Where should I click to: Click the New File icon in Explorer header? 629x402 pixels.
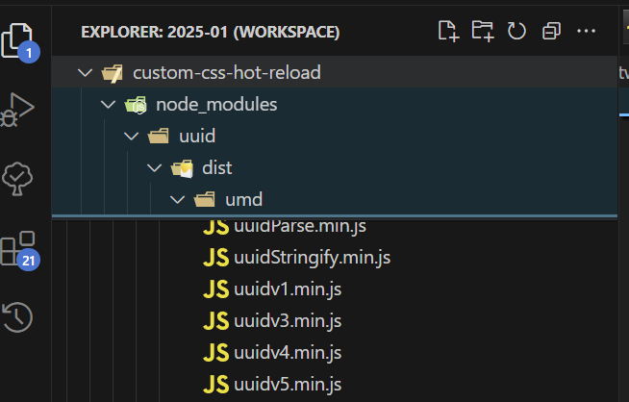pyautogui.click(x=448, y=31)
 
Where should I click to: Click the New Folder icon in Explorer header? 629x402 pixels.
pyautogui.click(x=483, y=31)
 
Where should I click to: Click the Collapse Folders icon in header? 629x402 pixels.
pyautogui.click(x=551, y=31)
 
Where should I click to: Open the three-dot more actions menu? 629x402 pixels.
pyautogui.click(x=586, y=31)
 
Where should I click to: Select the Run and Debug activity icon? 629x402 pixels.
pyautogui.click(x=17, y=110)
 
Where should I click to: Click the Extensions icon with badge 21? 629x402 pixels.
pyautogui.click(x=18, y=250)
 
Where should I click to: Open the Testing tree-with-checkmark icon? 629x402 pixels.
pyautogui.click(x=17, y=179)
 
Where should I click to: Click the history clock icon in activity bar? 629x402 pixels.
pyautogui.click(x=17, y=317)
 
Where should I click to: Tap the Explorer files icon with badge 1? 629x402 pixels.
pyautogui.click(x=19, y=42)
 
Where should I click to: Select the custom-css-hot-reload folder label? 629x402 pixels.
pyautogui.click(x=227, y=73)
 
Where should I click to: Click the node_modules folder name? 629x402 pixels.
pyautogui.click(x=216, y=105)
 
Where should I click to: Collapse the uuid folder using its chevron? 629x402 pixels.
pyautogui.click(x=131, y=137)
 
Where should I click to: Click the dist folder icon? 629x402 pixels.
pyautogui.click(x=182, y=168)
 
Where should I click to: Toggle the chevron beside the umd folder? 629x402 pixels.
pyautogui.click(x=177, y=200)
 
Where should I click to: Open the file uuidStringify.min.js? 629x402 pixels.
pyautogui.click(x=312, y=258)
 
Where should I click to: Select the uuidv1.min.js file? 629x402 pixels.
pyautogui.click(x=288, y=289)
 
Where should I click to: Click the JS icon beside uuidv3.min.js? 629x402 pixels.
pyautogui.click(x=215, y=321)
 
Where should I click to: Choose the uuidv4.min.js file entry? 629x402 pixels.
pyautogui.click(x=288, y=353)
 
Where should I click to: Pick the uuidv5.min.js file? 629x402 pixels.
pyautogui.click(x=288, y=385)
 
